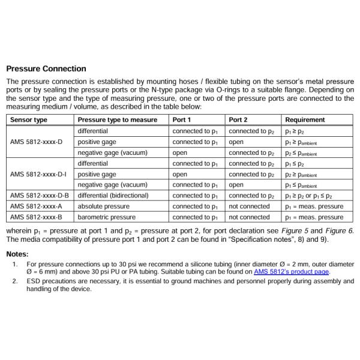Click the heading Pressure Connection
point(46,68)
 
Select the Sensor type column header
point(29,120)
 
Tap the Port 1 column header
point(182,120)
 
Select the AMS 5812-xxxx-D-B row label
point(40,196)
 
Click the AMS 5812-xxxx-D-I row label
point(38,174)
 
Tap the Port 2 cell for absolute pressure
point(250,206)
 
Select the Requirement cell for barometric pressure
point(314,217)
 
